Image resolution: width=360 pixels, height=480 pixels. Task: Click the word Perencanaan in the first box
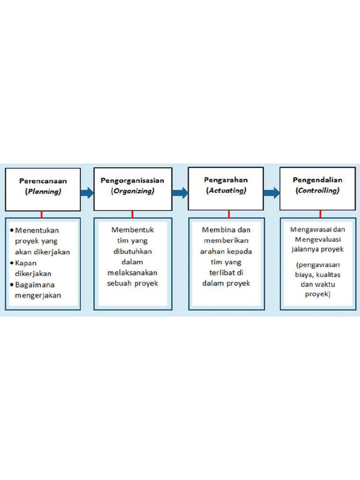(43, 181)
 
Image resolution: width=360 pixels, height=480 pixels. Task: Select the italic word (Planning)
(43, 192)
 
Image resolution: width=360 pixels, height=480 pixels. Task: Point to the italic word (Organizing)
(132, 191)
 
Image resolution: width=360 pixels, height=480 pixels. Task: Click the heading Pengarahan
(226, 180)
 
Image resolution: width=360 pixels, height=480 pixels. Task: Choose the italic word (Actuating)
(225, 191)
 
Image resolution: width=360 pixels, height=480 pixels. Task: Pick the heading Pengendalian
(317, 180)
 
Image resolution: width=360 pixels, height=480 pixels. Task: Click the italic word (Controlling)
(317, 191)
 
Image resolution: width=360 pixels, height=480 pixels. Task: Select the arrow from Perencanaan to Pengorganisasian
(87, 193)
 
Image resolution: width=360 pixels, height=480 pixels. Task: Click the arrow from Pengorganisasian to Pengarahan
(180, 193)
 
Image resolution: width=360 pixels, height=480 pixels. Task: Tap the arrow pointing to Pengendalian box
(271, 193)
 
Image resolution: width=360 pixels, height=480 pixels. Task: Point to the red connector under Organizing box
(132, 214)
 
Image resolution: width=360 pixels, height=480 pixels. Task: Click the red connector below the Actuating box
(228, 214)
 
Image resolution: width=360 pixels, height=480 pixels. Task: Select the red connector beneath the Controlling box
(320, 214)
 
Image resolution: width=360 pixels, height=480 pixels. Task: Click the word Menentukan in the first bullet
(37, 231)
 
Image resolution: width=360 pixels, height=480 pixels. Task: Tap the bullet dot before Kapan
(12, 263)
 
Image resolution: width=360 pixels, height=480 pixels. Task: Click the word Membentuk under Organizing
(133, 230)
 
